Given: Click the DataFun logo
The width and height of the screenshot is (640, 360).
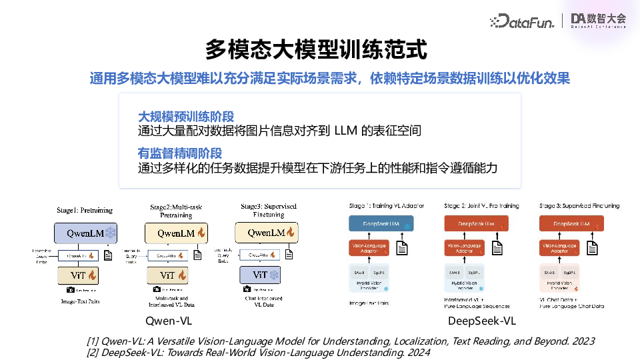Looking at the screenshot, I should (x=523, y=21).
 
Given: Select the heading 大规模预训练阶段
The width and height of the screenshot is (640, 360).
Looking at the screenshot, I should (x=185, y=117).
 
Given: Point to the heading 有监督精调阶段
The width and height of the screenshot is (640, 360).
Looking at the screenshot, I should (x=179, y=153).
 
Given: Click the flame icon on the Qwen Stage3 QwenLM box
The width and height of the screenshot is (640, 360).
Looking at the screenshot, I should (x=291, y=233).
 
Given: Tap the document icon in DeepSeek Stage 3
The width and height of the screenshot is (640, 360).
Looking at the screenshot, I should (x=592, y=247).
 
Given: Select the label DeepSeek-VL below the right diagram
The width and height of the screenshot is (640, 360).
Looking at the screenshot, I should (x=482, y=321).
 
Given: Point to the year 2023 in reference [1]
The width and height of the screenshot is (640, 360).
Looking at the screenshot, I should (x=583, y=341).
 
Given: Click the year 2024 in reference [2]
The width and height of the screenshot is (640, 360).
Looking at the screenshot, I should (x=418, y=352).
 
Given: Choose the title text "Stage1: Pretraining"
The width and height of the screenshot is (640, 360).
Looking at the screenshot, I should (x=86, y=209).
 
